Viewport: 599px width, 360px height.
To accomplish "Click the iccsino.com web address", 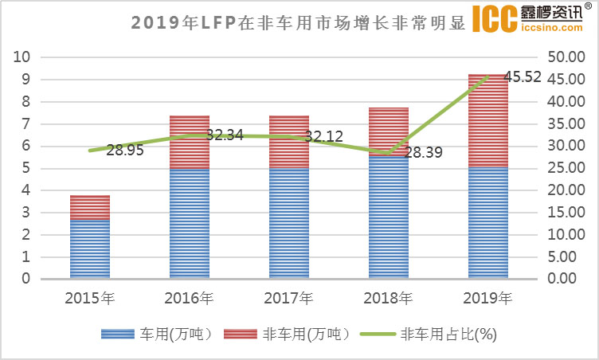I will [554, 29].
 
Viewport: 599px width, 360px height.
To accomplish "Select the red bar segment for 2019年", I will [487, 119].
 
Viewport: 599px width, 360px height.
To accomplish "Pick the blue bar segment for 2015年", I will [89, 248].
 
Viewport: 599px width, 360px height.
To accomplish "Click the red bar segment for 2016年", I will [189, 142].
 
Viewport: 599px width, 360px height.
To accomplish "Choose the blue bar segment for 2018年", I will [388, 217].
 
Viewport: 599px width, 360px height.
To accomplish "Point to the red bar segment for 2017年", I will [288, 142].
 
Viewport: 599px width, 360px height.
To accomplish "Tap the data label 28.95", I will [125, 150].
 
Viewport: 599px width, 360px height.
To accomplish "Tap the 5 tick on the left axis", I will [25, 168].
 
